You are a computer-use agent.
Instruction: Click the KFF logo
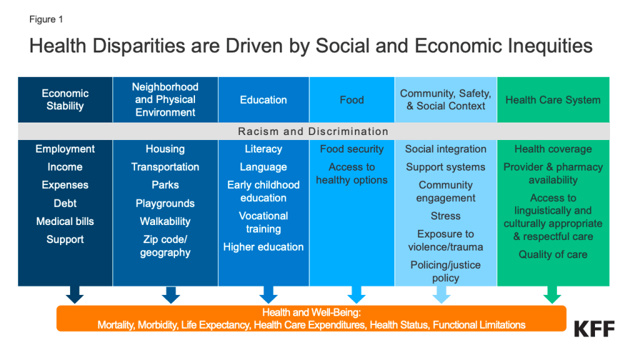[x=594, y=329]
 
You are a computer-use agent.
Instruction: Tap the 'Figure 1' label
[x=46, y=19]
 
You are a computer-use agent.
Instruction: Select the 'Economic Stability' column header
[x=65, y=99]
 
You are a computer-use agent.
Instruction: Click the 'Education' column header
[x=263, y=100]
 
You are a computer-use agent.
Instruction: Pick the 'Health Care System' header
[x=553, y=100]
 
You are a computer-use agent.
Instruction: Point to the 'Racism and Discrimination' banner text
[x=313, y=131]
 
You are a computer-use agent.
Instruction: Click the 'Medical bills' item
[x=65, y=221]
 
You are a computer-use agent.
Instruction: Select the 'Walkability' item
[x=165, y=221]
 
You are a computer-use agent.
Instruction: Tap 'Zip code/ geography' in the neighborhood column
[x=165, y=246]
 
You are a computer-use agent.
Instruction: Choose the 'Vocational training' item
[x=263, y=222]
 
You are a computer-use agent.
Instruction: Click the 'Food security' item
[x=352, y=149]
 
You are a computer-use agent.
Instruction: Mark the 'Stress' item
[x=446, y=216]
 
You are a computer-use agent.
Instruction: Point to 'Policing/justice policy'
[x=446, y=271]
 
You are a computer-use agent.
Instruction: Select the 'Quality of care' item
[x=553, y=255]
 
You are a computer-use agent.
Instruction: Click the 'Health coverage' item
[x=553, y=149]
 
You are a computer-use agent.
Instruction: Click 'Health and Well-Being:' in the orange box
[x=311, y=312]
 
